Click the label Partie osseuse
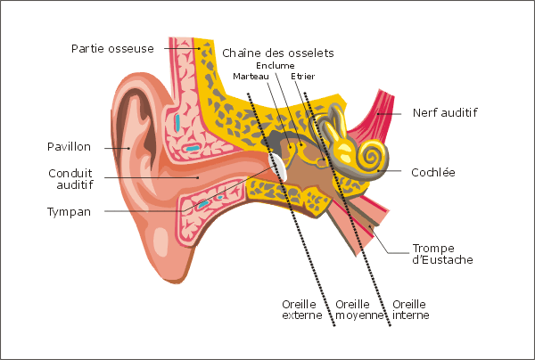coord(112,49)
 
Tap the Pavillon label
coord(69,147)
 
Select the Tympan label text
coord(69,212)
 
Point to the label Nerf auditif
coord(445,112)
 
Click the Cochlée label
coord(433,172)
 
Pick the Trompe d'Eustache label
coord(442,254)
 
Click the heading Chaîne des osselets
coord(277,53)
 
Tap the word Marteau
coord(251,77)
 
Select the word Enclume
coord(275,65)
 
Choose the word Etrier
coord(302,77)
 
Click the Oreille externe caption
coord(302,309)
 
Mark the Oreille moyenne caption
coord(359,309)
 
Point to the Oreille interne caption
coord(410,309)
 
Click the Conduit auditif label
coord(70,179)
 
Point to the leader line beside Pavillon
coord(117,148)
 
